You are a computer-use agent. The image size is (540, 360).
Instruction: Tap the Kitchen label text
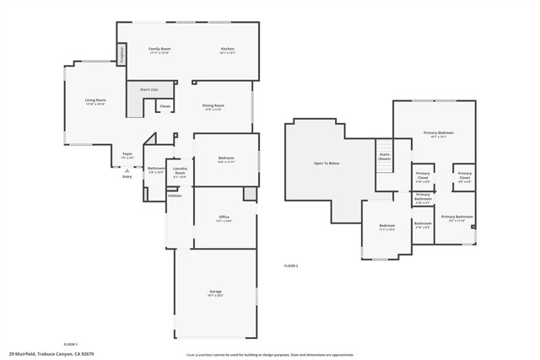click(x=227, y=50)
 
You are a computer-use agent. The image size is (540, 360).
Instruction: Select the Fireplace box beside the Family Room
click(x=121, y=56)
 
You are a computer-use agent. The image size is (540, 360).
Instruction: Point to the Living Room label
click(x=94, y=101)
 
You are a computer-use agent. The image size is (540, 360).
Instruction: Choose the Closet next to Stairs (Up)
click(x=165, y=106)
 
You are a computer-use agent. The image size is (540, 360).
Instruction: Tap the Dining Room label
click(x=212, y=106)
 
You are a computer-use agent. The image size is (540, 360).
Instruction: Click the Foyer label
click(x=127, y=154)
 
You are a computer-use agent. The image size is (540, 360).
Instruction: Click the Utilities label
click(x=174, y=196)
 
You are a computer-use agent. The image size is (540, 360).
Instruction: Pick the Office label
click(x=224, y=218)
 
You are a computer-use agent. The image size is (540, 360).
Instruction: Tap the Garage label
click(x=215, y=293)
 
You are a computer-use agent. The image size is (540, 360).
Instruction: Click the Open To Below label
click(x=327, y=163)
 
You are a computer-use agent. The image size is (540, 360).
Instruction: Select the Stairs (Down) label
click(x=385, y=157)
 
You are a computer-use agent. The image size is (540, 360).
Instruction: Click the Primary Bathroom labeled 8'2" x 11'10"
click(x=456, y=218)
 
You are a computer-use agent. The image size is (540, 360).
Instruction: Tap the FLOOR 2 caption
click(x=291, y=266)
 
